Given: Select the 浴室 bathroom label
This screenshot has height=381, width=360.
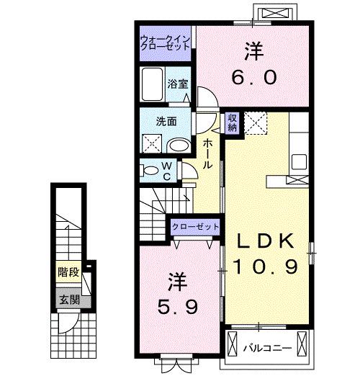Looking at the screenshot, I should pos(178,84).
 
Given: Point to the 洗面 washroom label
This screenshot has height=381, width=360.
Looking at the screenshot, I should pos(168,121).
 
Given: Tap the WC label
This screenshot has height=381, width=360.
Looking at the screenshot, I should pos(166,171).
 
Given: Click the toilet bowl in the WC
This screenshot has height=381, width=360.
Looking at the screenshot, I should pos(149,171).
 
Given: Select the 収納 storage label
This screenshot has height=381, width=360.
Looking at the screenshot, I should pos(233,122).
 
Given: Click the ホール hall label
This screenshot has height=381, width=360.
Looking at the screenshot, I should pos(207,153).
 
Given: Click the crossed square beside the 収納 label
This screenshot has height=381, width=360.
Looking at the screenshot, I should pos(254,123).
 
